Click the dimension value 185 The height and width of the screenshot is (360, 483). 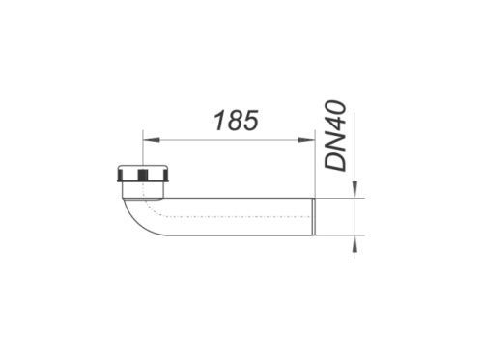237,121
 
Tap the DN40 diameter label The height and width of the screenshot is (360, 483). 335,135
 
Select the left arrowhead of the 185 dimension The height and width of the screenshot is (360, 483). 151,140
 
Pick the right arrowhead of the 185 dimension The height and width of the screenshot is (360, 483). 305,140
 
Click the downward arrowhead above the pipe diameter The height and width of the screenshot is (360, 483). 355,189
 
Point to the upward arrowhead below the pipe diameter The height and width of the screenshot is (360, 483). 355,243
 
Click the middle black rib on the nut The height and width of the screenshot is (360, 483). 142,176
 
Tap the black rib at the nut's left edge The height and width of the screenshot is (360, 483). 119,176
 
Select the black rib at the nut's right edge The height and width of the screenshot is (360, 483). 166,176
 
